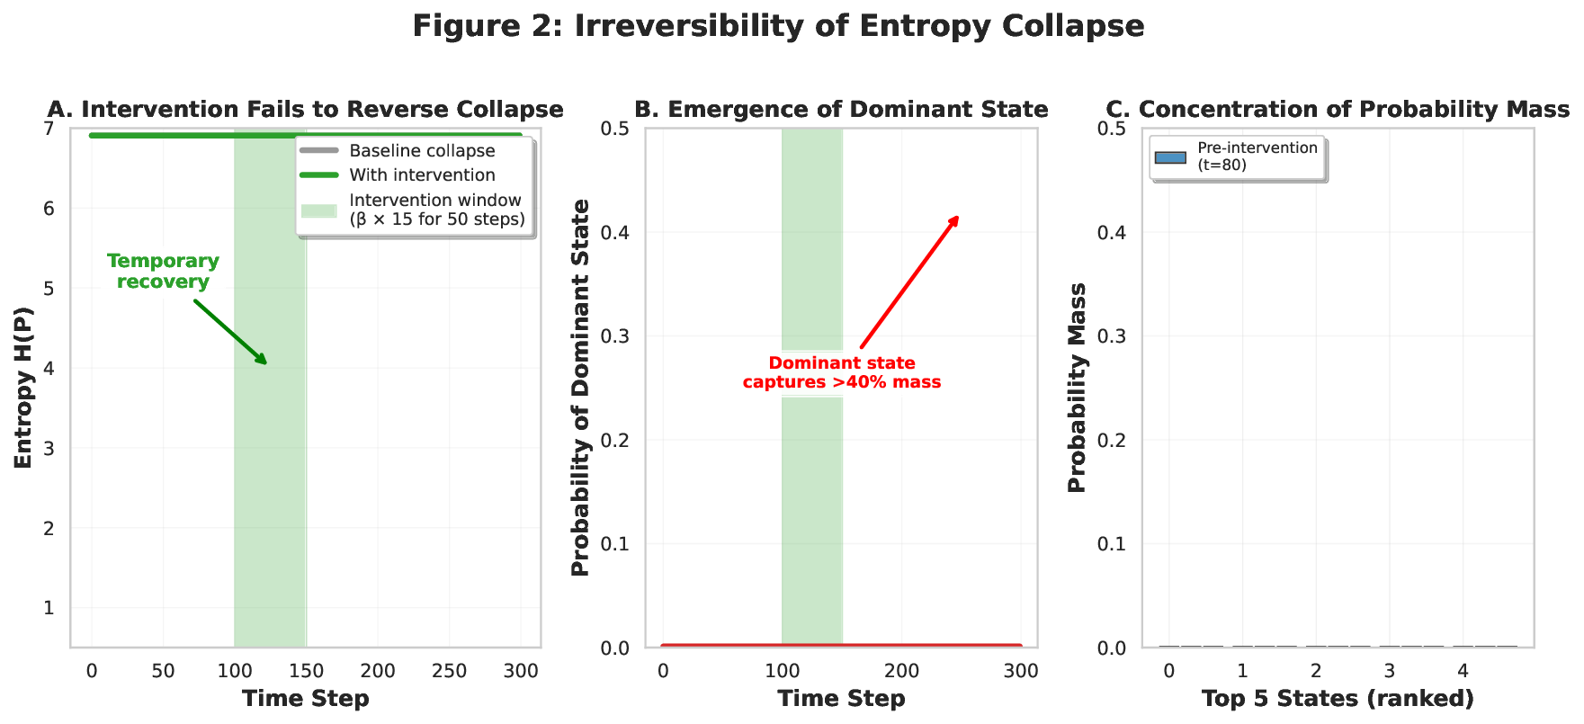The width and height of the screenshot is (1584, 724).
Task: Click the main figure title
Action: pos(778,26)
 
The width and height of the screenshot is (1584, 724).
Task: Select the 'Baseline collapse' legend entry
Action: pos(422,151)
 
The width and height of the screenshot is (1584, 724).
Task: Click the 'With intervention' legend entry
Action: pos(422,175)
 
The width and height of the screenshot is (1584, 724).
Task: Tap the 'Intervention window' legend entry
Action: pos(435,210)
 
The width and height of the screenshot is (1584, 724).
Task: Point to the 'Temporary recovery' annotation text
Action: pos(163,271)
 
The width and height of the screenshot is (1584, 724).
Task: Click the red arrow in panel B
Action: pos(909,282)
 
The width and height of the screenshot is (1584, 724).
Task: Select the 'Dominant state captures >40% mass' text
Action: pos(841,372)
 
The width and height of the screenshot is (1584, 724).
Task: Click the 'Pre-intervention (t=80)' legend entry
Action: pos(1257,156)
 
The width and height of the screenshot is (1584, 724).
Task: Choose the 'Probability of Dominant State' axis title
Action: pos(581,388)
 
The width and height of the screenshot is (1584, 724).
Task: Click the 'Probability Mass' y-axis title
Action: pos(1078,388)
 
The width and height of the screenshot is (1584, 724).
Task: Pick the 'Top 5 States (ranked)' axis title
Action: pos(1337,699)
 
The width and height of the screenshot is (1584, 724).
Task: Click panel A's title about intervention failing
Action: pos(305,110)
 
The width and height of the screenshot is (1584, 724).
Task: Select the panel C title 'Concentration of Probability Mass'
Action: pos(1337,110)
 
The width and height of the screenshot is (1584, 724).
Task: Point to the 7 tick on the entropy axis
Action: pos(48,129)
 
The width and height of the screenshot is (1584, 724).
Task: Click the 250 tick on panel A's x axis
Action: pos(449,671)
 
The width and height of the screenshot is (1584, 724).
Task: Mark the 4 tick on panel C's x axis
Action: pos(1463,671)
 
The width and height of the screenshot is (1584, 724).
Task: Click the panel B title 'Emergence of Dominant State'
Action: pos(841,110)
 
